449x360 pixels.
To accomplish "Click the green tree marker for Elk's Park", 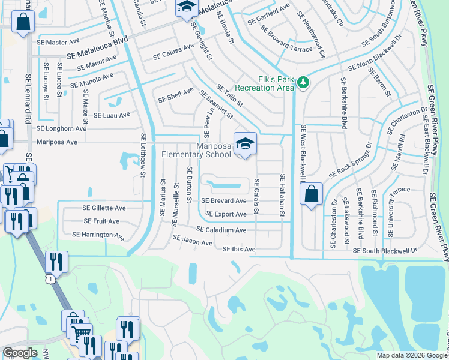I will tap(303, 82).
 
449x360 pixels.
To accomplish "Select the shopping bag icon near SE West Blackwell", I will tap(311, 194).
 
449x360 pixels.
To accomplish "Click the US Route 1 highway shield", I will tap(51, 279).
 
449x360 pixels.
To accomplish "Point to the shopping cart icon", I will tap(82, 331).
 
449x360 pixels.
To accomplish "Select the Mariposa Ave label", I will tap(58, 142).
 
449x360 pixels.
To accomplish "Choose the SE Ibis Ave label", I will tap(239, 249).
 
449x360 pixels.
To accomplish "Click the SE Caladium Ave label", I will tap(221, 230).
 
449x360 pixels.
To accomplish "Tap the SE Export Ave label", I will tap(226, 214).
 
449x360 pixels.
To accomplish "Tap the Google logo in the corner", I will tap(20, 353).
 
